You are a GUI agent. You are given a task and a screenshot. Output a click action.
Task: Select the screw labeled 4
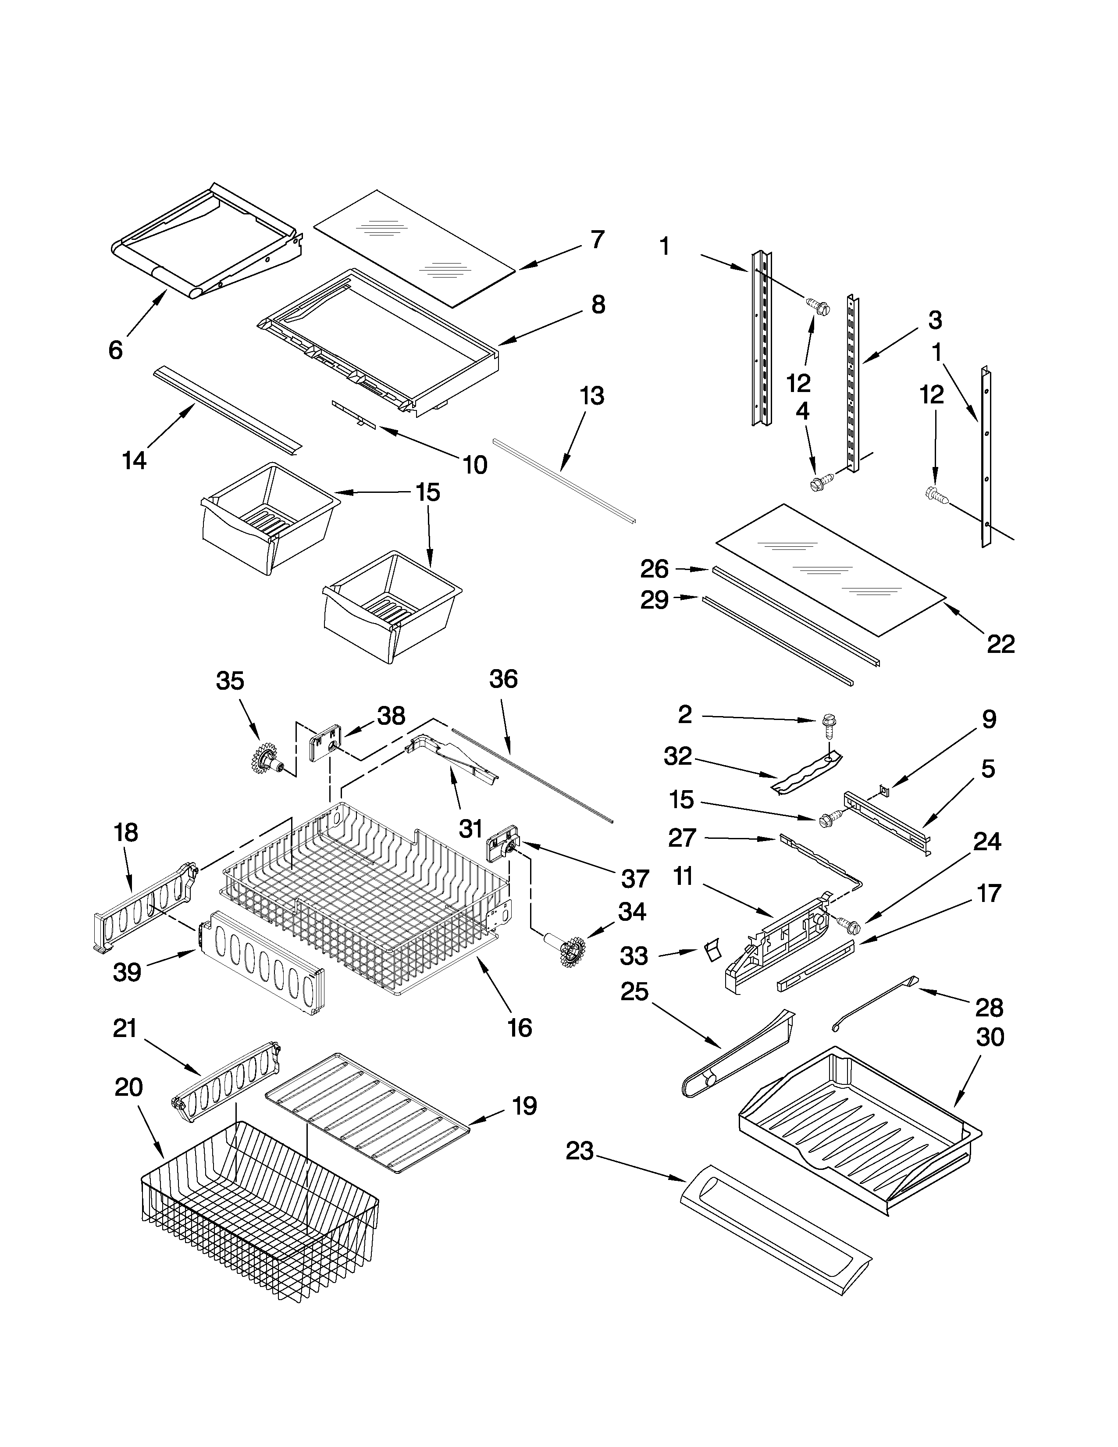(x=819, y=484)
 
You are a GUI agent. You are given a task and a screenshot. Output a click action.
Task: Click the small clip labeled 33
(x=712, y=952)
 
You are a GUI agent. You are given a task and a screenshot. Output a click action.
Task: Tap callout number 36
(x=503, y=679)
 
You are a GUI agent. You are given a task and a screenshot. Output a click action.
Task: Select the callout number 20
(x=128, y=1087)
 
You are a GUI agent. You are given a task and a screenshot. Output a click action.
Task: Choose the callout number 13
(x=591, y=396)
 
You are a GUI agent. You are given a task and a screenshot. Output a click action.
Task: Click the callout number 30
(x=990, y=1037)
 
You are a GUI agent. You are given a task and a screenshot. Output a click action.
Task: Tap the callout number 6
(x=115, y=350)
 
